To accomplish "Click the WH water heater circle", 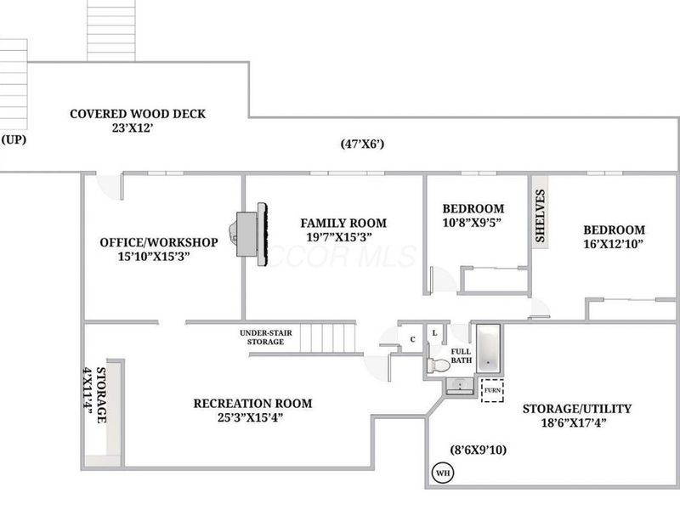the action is [443, 473].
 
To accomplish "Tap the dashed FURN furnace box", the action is [492, 390].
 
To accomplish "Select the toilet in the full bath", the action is [439, 365].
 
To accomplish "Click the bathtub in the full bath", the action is [488, 348].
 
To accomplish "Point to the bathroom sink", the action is [460, 386].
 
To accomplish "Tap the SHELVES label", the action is [540, 216].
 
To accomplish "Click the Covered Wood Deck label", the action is [138, 114].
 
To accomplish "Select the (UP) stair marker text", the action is [14, 139].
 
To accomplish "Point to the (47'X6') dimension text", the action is [363, 144].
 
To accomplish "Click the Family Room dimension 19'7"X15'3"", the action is [339, 237].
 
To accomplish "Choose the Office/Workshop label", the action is [159, 242].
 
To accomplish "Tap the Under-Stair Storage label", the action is [266, 337].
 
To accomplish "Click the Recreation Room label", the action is [252, 403].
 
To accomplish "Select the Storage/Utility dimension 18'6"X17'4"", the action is [574, 422].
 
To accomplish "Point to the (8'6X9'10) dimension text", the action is [479, 450].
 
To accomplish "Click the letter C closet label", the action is [412, 339].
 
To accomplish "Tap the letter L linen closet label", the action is [434, 333].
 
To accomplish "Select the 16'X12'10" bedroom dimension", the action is [613, 244].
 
